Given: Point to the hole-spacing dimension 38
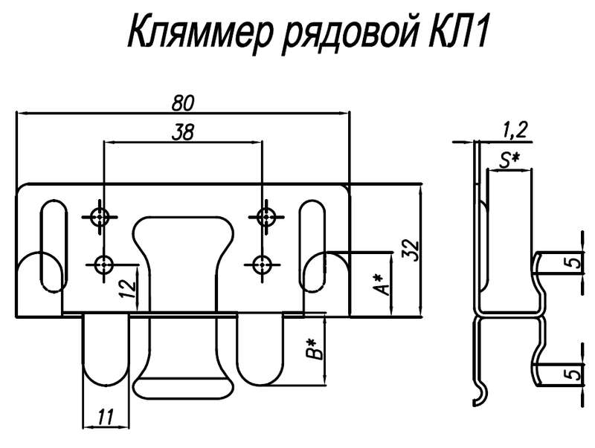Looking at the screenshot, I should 183,132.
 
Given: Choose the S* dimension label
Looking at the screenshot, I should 509,158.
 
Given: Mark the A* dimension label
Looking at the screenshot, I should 381,283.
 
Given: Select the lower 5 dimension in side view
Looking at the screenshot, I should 570,374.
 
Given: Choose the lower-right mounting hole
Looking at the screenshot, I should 261,263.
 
